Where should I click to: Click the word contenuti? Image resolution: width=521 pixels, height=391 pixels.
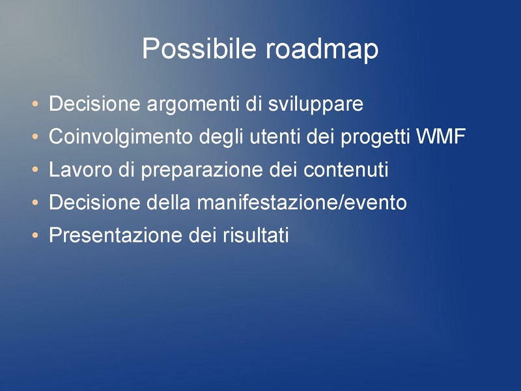coord(346,170)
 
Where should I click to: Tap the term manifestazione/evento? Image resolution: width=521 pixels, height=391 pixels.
coord(301,203)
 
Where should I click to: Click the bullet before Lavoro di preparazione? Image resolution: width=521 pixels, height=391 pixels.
coord(35,171)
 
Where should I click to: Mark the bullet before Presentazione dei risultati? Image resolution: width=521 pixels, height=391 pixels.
coord(35,236)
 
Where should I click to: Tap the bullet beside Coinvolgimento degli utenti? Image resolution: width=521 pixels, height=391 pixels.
coord(35,138)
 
